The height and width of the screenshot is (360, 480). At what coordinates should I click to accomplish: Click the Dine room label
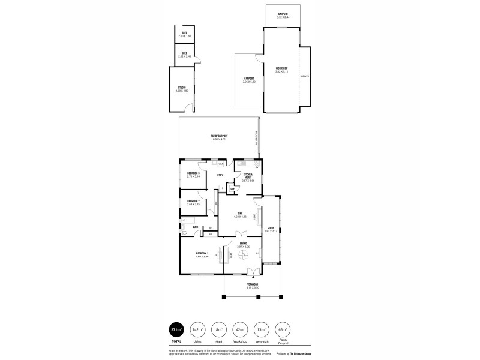click(x=239, y=212)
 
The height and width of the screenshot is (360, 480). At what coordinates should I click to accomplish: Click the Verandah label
click(x=252, y=284)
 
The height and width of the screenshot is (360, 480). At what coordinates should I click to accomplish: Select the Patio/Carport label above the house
click(x=218, y=136)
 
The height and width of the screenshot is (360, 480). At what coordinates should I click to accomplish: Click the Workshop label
click(x=281, y=69)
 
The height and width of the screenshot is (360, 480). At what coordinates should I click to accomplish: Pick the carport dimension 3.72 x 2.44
click(x=283, y=17)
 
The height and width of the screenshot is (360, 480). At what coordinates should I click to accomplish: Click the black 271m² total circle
click(x=177, y=329)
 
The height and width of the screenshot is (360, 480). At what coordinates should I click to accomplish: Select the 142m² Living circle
click(x=196, y=329)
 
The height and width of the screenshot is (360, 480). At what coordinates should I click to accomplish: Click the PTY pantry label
click(x=232, y=188)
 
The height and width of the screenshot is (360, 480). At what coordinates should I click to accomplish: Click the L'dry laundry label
click(x=220, y=175)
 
